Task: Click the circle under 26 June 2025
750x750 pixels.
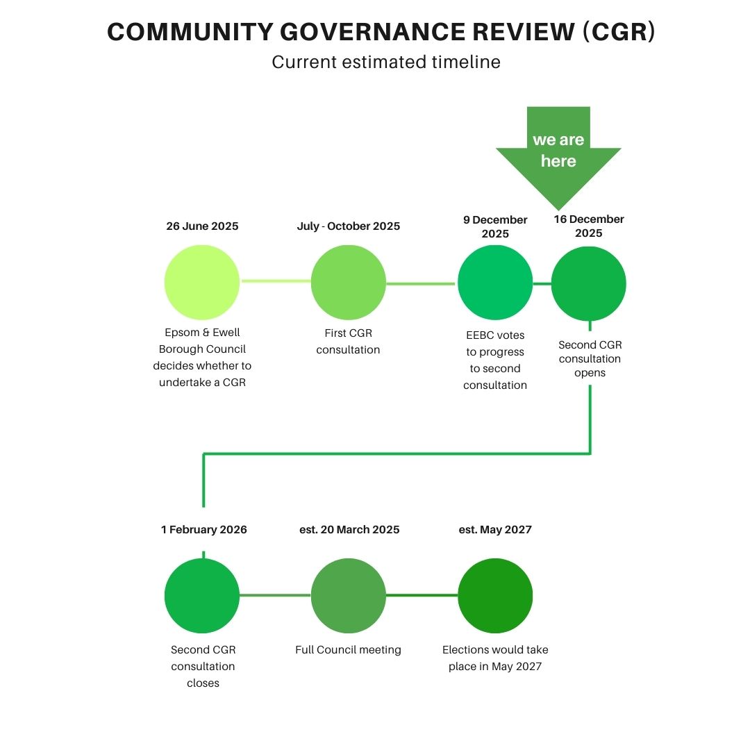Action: pyautogui.click(x=202, y=283)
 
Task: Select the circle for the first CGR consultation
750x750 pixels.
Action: pyautogui.click(x=348, y=283)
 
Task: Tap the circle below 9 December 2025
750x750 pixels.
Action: pyautogui.click(x=495, y=283)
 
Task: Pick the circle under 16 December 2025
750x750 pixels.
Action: pyautogui.click(x=589, y=284)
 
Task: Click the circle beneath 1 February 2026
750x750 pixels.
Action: pyautogui.click(x=202, y=596)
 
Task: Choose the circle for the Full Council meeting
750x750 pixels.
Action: pyautogui.click(x=348, y=596)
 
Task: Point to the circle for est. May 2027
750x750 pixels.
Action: pyautogui.click(x=495, y=596)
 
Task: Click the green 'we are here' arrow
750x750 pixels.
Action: pyautogui.click(x=558, y=153)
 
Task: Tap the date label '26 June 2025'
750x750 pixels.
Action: pyautogui.click(x=202, y=226)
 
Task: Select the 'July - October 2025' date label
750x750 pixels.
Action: pyautogui.click(x=348, y=226)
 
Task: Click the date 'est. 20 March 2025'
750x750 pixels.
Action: pyautogui.click(x=349, y=530)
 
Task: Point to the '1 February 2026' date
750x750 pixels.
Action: pyautogui.click(x=203, y=530)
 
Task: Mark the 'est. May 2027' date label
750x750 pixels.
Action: pyautogui.click(x=495, y=530)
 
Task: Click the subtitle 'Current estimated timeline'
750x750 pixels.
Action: pyautogui.click(x=386, y=62)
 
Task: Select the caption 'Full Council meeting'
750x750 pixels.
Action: pyautogui.click(x=348, y=650)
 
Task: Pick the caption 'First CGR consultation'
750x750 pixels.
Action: pyautogui.click(x=348, y=341)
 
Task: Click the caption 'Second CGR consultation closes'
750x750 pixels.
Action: pyautogui.click(x=203, y=666)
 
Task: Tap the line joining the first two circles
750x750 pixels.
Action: pyautogui.click(x=275, y=281)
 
